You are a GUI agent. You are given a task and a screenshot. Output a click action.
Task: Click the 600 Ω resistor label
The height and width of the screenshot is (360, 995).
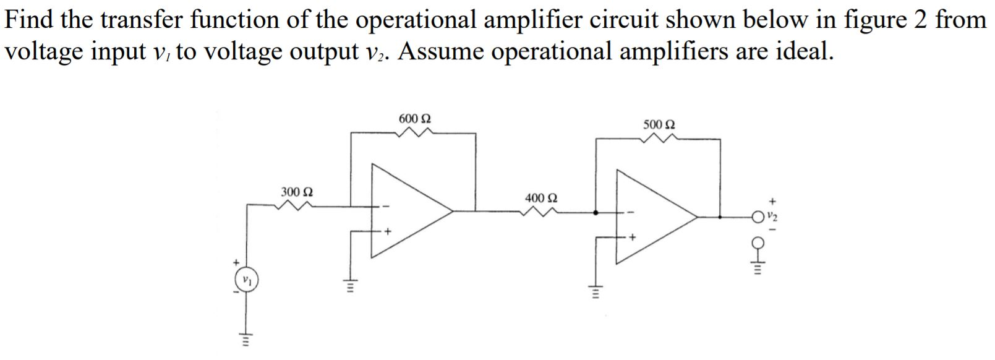tap(415, 118)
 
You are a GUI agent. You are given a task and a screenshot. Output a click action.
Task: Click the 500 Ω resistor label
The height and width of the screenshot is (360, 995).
tap(659, 124)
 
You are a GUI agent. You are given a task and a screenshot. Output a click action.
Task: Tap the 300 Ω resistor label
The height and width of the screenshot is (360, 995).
tap(297, 192)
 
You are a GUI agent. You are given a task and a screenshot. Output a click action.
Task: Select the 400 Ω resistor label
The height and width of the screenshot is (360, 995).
tap(541, 198)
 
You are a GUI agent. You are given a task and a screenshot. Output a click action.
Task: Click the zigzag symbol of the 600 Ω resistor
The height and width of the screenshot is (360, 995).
tap(415, 132)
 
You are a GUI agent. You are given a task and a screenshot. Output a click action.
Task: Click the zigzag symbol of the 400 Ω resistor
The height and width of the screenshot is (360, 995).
tap(541, 212)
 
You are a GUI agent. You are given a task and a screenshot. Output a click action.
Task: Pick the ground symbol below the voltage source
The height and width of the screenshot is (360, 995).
tap(246, 338)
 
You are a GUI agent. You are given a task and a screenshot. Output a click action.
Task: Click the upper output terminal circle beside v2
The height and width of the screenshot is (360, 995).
tap(757, 216)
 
